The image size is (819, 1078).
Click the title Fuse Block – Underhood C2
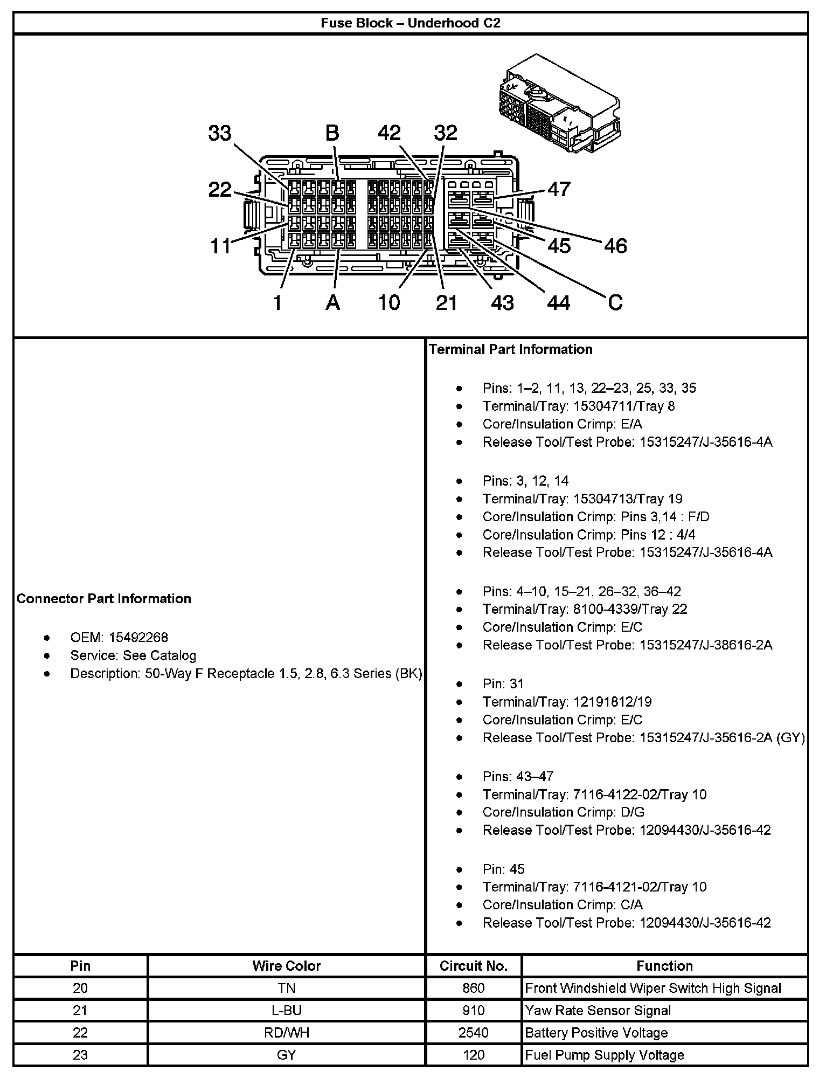(410, 23)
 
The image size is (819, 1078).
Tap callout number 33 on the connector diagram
(220, 133)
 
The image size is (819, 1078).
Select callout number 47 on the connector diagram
(559, 189)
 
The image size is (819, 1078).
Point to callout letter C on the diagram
(615, 302)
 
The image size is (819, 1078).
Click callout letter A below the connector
(333, 302)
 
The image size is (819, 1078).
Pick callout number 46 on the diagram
(615, 246)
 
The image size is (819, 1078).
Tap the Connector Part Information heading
(104, 599)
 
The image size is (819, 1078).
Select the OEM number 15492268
(138, 638)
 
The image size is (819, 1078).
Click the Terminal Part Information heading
(510, 349)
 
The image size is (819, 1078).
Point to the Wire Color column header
(286, 966)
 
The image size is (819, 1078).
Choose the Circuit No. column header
(474, 966)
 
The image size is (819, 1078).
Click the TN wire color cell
(286, 988)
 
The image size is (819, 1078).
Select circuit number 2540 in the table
(474, 1033)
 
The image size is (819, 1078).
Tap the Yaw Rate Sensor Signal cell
(598, 1011)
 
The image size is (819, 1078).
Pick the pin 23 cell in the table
(80, 1055)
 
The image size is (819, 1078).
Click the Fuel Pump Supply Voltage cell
(604, 1055)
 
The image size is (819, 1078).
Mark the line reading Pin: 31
(503, 684)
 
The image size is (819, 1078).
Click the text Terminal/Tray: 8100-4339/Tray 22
(585, 609)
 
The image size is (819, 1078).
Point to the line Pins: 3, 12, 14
(525, 481)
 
